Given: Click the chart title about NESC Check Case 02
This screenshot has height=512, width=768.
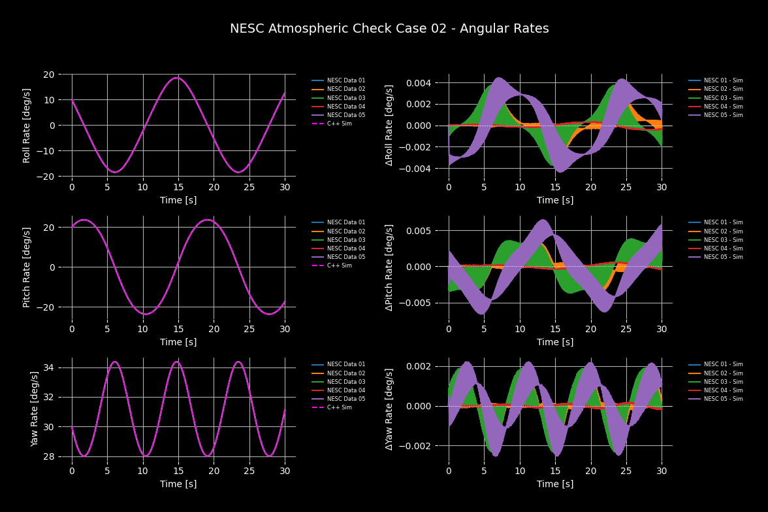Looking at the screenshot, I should pyautogui.click(x=389, y=29).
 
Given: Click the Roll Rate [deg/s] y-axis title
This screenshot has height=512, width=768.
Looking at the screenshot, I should pyautogui.click(x=27, y=126).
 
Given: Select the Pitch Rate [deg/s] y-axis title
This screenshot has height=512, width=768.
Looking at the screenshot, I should pyautogui.click(x=27, y=267).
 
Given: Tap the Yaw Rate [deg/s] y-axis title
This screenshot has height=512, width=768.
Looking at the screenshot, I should pyautogui.click(x=34, y=407).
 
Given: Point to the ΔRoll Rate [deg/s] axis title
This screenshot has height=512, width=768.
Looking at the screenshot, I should pyautogui.click(x=390, y=125).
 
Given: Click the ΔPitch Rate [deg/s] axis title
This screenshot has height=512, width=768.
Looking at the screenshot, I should pyautogui.click(x=390, y=267).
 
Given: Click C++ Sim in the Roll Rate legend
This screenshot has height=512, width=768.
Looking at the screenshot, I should pyautogui.click(x=340, y=124).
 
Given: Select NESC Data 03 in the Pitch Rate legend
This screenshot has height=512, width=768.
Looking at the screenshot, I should pyautogui.click(x=346, y=240).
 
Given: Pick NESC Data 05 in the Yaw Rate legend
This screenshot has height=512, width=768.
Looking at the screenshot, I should pyautogui.click(x=346, y=399).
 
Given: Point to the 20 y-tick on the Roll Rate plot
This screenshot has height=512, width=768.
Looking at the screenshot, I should pyautogui.click(x=48, y=75).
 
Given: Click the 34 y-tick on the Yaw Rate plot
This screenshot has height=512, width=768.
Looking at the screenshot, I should pyautogui.click(x=48, y=367).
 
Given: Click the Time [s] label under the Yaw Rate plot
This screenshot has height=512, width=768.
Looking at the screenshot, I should pyautogui.click(x=178, y=484).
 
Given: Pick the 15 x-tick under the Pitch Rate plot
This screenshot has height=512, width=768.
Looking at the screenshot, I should pyautogui.click(x=178, y=324).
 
